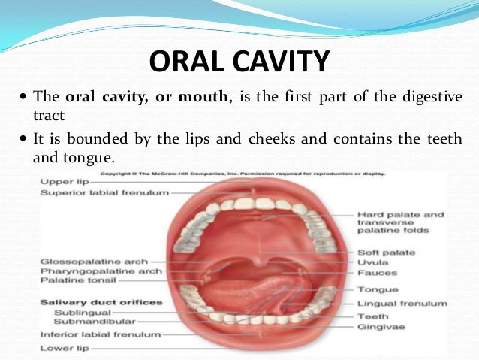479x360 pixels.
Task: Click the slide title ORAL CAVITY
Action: tap(239, 62)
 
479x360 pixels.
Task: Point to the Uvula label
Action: tap(372, 262)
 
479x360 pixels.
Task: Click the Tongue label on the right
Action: tap(377, 289)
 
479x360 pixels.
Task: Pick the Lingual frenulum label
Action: tap(402, 304)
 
